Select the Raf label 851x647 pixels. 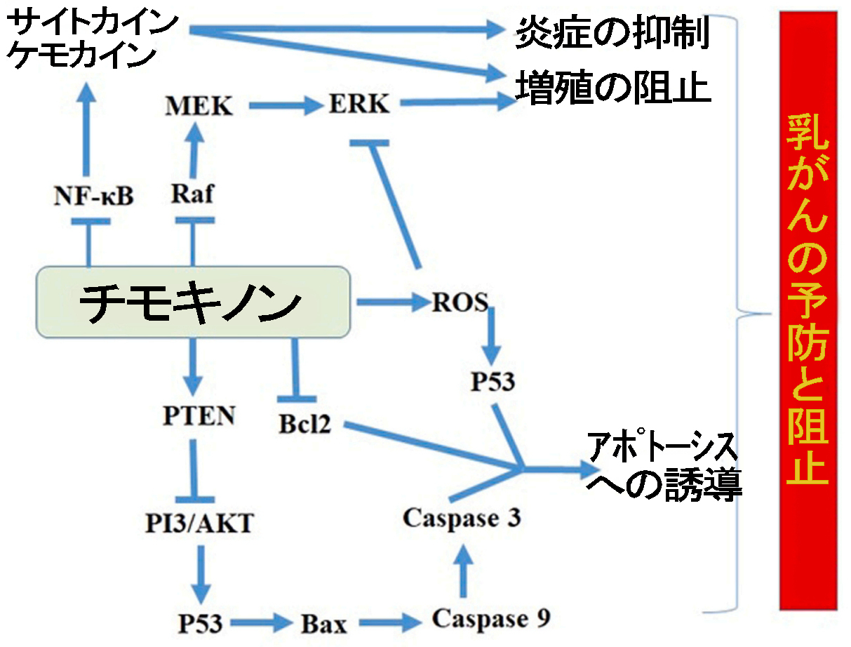pos(192,195)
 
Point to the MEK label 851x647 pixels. pos(198,107)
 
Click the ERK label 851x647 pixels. pos(358,105)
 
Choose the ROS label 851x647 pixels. pos(460,302)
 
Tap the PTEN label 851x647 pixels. pos(199,415)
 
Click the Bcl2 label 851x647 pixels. pos(304,423)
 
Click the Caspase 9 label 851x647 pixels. pos(491,619)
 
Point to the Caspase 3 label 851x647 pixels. pos(462,519)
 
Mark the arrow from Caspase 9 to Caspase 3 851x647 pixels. pos(462,569)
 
